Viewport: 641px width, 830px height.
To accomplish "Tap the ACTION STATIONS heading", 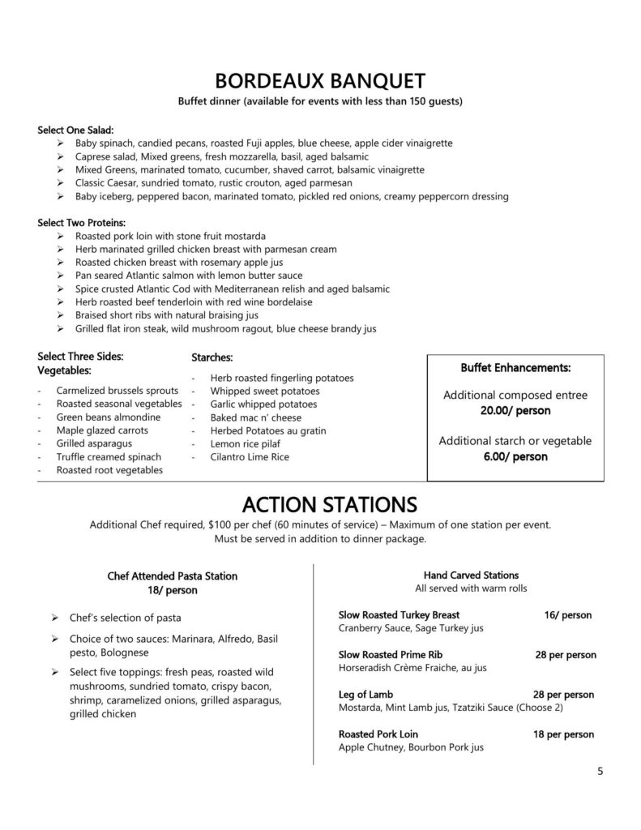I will [x=320, y=504].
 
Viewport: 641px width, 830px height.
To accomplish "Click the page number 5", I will [x=600, y=771].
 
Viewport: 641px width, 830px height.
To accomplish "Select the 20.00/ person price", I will [x=515, y=411].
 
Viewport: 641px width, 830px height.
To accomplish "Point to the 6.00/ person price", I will [x=515, y=456].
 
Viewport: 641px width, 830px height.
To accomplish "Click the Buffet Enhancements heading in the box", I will [x=515, y=367].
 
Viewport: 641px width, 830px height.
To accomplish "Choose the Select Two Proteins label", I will [x=82, y=222].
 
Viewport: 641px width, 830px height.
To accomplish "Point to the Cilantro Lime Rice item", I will [x=250, y=457].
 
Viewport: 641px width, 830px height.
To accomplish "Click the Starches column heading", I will [x=212, y=357].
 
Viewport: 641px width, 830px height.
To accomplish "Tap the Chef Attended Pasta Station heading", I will [x=173, y=576].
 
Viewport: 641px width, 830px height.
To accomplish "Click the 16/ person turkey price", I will [x=567, y=615].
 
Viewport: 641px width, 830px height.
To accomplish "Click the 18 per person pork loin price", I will [x=563, y=734].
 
